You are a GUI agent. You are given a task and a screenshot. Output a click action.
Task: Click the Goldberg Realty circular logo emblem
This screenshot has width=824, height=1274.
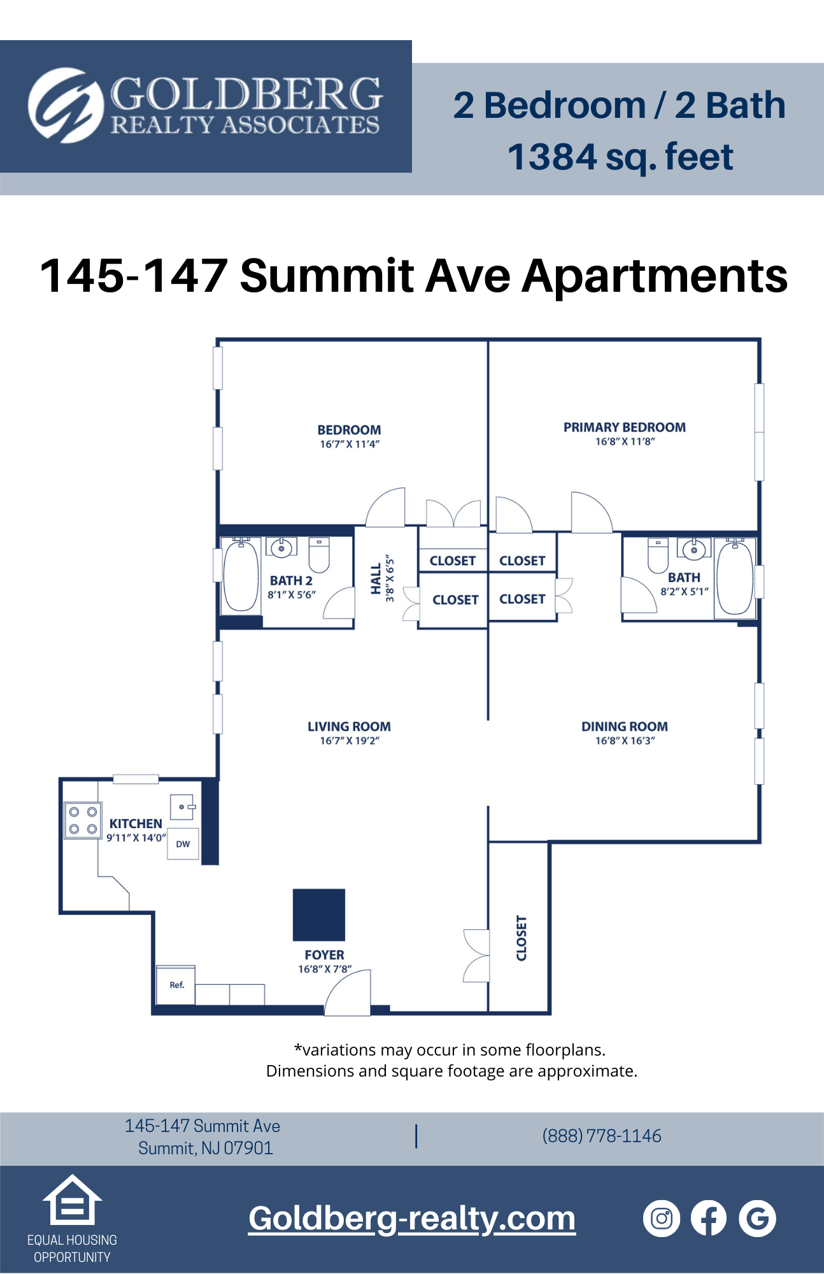(66, 105)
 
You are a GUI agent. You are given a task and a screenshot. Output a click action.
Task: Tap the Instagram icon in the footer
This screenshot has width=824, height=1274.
(662, 1219)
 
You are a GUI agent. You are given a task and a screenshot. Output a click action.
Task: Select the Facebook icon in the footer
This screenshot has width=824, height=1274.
(709, 1219)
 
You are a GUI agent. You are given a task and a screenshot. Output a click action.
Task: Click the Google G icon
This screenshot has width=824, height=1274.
(757, 1219)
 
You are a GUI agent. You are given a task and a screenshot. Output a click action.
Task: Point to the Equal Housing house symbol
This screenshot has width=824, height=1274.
(72, 1200)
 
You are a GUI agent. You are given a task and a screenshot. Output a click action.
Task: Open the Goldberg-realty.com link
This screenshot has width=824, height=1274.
(412, 1219)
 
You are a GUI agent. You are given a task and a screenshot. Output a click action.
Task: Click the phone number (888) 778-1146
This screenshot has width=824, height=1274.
(602, 1136)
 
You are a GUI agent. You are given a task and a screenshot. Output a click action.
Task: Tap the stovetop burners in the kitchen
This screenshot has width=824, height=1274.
(83, 820)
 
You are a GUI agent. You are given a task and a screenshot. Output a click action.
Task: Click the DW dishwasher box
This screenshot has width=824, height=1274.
(183, 844)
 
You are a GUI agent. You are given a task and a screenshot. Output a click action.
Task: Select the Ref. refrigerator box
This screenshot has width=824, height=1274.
(176, 985)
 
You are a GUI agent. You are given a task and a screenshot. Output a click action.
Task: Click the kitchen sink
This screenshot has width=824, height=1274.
(182, 807)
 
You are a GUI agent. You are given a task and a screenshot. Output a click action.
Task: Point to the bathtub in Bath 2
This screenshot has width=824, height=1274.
(241, 575)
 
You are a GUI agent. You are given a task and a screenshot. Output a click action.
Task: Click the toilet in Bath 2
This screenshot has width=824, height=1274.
(319, 554)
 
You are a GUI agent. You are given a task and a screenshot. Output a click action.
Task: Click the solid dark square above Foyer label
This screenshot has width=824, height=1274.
(319, 915)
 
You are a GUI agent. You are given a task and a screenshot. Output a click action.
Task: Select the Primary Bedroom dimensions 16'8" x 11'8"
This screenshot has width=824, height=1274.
(625, 441)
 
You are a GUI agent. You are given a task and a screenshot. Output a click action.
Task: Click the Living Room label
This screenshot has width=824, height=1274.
(349, 726)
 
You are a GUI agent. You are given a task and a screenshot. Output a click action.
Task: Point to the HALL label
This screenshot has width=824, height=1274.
(376, 578)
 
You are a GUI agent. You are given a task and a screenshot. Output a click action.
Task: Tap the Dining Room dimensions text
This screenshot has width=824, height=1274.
(625, 741)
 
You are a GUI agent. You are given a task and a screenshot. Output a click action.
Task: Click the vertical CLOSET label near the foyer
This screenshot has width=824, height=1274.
(522, 938)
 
